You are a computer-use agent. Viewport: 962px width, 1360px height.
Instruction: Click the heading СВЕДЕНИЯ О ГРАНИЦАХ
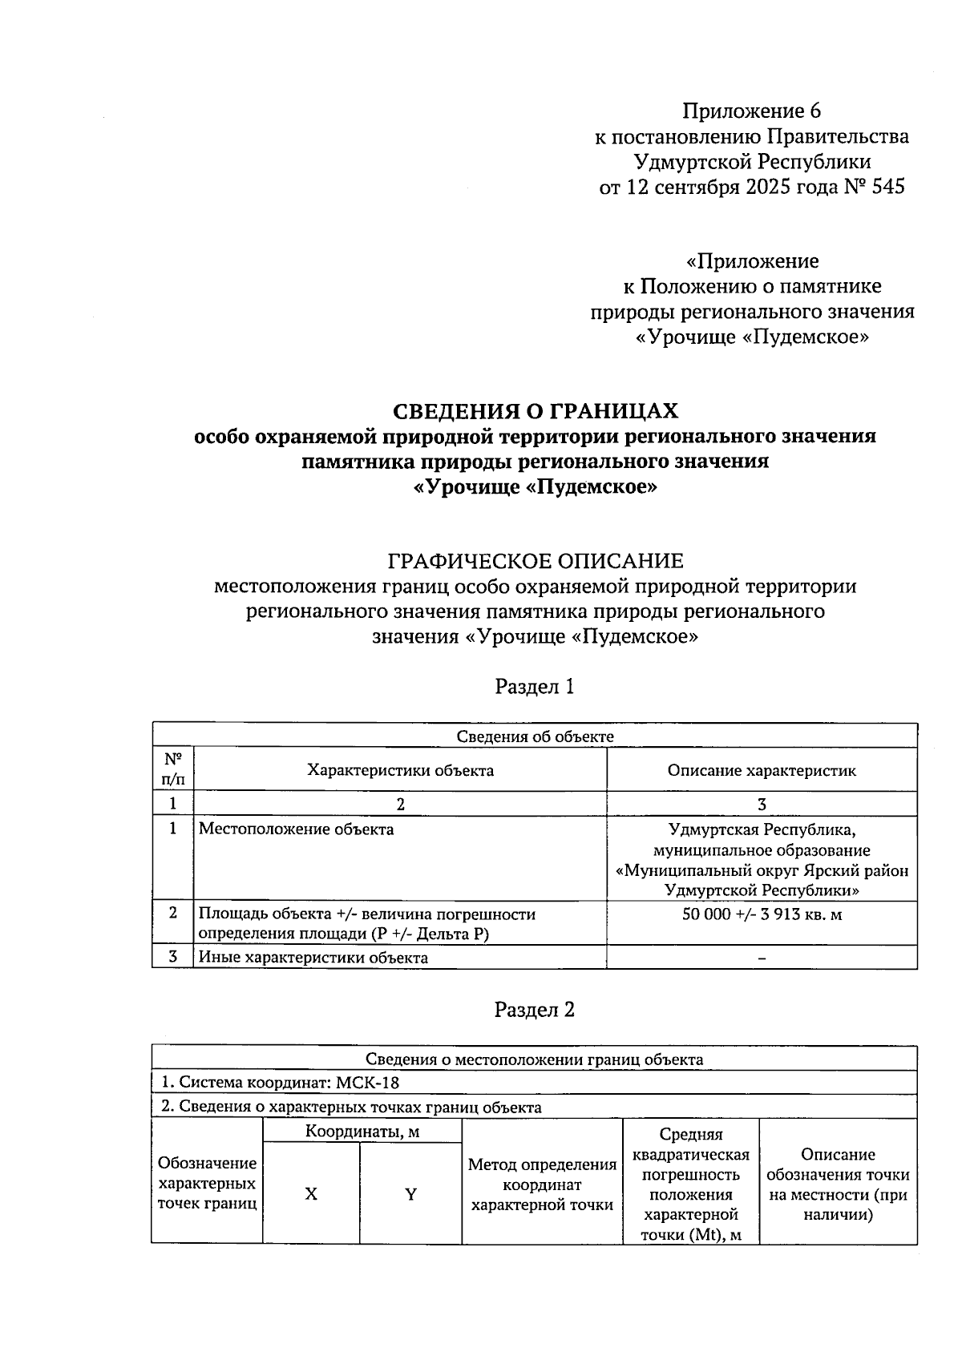pos(535,411)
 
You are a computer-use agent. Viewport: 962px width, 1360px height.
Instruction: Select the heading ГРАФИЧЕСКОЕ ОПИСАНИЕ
pos(535,560)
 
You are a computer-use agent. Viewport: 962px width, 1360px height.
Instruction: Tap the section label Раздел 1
pos(535,687)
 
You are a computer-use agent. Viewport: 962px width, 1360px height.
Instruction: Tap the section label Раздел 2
pos(535,1010)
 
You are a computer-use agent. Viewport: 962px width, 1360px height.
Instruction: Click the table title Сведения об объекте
pos(535,736)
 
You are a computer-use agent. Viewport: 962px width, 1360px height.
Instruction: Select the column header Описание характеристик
pos(762,770)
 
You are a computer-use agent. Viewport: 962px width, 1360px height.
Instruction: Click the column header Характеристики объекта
pos(400,770)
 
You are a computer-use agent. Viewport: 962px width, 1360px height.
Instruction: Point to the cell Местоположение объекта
pos(296,829)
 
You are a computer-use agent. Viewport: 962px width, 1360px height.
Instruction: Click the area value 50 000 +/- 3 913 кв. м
pos(762,914)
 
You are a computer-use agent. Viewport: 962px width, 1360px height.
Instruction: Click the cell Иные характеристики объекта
pos(313,958)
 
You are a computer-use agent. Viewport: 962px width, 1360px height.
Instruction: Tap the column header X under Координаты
pos(311,1194)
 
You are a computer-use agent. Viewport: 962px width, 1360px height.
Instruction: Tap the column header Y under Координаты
pos(410,1194)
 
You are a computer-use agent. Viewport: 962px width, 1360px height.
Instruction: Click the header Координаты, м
pos(362,1132)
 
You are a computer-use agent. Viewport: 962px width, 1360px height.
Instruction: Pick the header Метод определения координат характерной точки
pos(542,1184)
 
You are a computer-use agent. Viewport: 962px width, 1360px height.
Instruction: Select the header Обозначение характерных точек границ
pos(207,1183)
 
